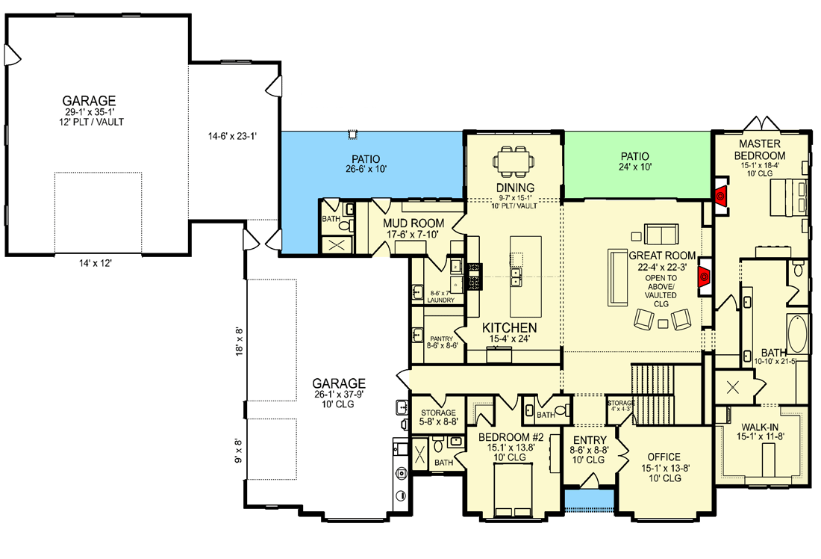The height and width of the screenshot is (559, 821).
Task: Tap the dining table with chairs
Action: (516, 159)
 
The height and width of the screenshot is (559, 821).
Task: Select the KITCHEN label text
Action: (509, 328)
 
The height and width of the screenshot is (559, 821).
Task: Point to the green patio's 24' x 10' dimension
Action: (636, 168)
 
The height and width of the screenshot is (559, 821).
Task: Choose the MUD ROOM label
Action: (413, 223)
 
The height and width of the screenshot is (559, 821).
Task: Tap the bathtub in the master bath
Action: (798, 334)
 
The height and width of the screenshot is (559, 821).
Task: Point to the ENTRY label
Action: (588, 440)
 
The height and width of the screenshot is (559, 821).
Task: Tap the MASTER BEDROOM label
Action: (759, 149)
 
